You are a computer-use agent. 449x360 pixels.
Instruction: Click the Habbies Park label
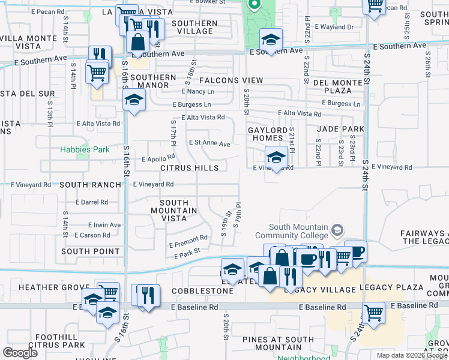pos(85,149)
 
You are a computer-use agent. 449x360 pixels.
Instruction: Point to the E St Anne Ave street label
pos(209,144)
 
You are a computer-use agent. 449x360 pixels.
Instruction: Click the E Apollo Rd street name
pos(158,160)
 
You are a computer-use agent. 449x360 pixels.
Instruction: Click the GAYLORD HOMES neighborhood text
pos(268,134)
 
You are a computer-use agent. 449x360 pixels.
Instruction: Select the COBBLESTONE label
pos(202,291)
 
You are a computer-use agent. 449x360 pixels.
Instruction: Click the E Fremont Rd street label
pos(188,242)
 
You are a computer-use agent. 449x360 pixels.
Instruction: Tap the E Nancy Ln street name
pos(197,92)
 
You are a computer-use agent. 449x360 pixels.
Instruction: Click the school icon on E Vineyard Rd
pos(276,158)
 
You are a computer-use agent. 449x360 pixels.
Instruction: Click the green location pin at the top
pos(254,5)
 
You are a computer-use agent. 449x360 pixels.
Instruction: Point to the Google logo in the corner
pos(20,353)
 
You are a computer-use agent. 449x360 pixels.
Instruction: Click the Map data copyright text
pos(412,355)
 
